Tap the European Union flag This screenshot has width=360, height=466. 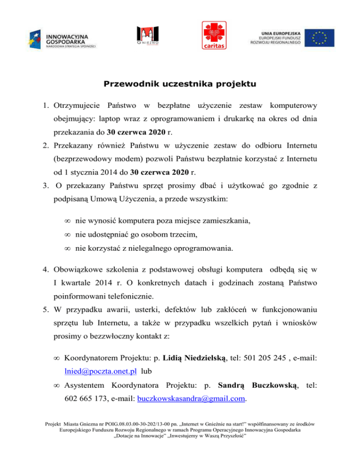[318, 38]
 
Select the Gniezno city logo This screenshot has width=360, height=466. [148, 36]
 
